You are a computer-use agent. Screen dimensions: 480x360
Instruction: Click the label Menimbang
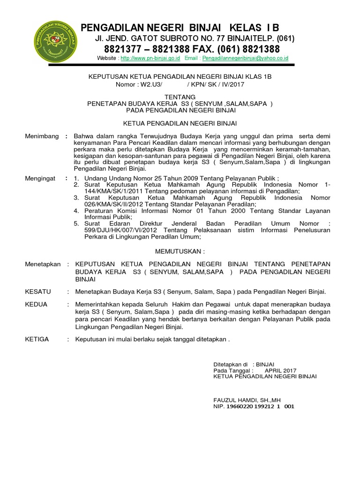(42, 136)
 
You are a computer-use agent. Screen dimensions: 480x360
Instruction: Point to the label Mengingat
(40, 179)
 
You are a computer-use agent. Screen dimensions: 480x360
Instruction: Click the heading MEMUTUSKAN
(180, 251)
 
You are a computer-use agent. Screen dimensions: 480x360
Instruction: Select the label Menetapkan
(43, 264)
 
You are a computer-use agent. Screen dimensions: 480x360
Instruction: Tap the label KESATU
(38, 291)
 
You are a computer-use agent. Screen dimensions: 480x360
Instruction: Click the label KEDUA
(36, 304)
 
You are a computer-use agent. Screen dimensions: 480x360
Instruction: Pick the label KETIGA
(37, 339)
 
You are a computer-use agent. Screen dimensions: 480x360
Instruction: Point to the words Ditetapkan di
(230, 364)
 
